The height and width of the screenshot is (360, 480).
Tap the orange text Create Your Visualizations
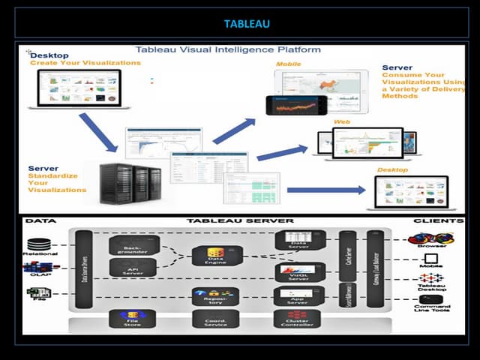[85, 63]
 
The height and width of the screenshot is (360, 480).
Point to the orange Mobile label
[289, 64]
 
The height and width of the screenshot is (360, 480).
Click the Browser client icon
[431, 240]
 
